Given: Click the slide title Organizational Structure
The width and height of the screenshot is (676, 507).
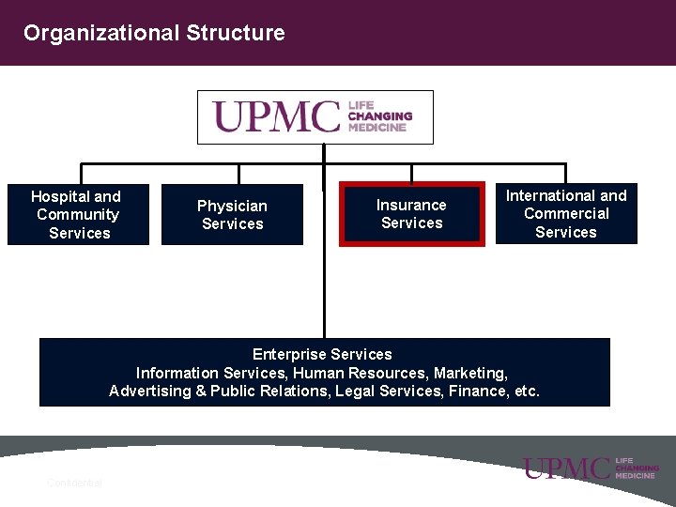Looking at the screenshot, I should [154, 33].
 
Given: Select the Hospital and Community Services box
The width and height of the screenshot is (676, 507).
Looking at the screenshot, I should [78, 214].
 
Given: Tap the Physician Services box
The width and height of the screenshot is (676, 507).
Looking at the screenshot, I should [232, 214].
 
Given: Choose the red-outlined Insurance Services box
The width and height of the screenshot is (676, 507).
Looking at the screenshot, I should [411, 214].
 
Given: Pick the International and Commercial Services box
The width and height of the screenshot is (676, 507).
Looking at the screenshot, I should [566, 213].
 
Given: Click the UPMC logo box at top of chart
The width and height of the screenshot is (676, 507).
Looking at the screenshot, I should [315, 116].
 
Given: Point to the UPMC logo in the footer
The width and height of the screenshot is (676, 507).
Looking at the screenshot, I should [591, 468].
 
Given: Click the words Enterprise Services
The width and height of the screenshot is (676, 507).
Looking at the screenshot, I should [322, 354].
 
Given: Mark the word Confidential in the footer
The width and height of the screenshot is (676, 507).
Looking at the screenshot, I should [74, 483].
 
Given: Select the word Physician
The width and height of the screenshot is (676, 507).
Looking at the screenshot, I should [232, 206].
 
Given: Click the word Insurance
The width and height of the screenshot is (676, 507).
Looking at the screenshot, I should [411, 205].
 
